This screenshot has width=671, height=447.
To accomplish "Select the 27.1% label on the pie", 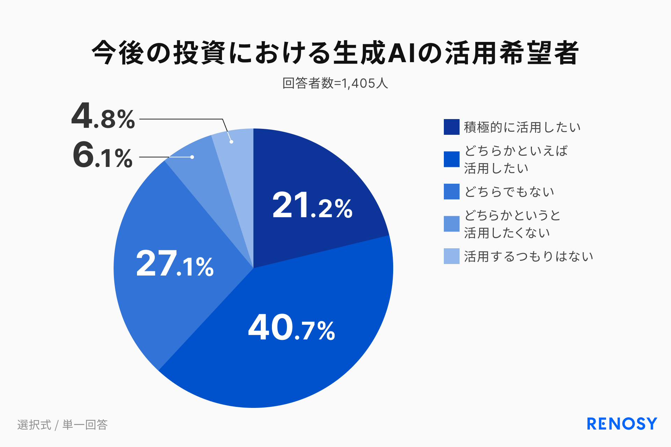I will [175, 264].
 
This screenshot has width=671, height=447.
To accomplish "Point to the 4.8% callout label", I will [103, 116].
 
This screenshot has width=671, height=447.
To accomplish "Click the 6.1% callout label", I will [103, 156].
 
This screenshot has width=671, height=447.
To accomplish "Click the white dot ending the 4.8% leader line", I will [231, 142].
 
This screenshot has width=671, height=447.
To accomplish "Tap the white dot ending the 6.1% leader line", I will [192, 157].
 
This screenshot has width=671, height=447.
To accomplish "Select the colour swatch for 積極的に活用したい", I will [452, 127].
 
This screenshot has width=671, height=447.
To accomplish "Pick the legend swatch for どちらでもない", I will [452, 192].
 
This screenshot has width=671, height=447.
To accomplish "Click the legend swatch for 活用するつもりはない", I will [452, 256].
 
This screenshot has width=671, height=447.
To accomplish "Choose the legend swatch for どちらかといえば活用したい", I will [452, 159].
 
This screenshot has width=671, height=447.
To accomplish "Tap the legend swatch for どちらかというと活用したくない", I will [452, 224].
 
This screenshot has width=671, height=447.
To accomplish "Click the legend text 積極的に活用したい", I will [522, 127].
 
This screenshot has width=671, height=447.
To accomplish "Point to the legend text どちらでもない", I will [509, 192].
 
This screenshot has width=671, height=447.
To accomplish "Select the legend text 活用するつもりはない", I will [528, 256].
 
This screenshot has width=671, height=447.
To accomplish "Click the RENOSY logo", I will [622, 424].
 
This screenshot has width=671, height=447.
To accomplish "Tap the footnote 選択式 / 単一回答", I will [63, 425].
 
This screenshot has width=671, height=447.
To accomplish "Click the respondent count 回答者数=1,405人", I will [335, 83].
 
